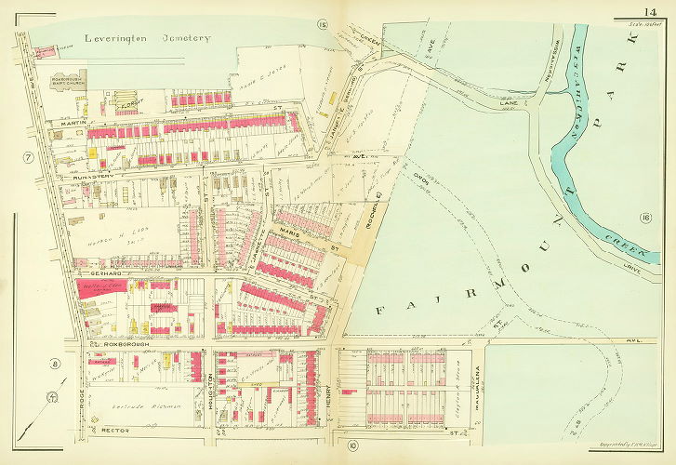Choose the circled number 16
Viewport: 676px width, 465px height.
point(644,218)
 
